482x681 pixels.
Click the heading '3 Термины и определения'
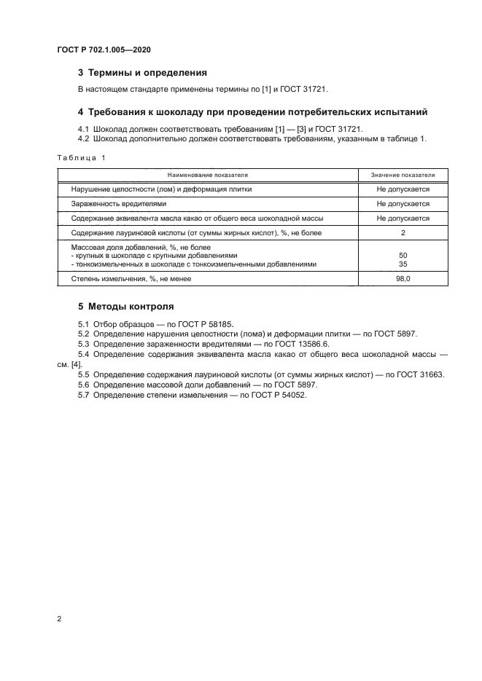tap(142, 73)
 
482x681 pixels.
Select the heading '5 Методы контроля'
tap(125, 306)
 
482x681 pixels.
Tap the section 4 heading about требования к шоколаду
tap(252, 112)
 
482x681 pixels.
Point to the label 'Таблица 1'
tap(81, 158)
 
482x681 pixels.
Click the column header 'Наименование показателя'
tap(208, 175)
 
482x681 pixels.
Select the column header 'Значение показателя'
tap(403, 175)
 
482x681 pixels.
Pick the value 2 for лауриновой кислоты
tap(403, 233)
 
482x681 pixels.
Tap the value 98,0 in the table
tap(403, 279)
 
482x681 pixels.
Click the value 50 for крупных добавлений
tap(403, 256)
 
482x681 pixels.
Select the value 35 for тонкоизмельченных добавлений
tap(403, 264)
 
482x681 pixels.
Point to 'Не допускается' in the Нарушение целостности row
tap(403, 189)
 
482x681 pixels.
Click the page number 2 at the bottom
tap(58, 619)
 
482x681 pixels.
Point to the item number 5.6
tap(84, 384)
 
